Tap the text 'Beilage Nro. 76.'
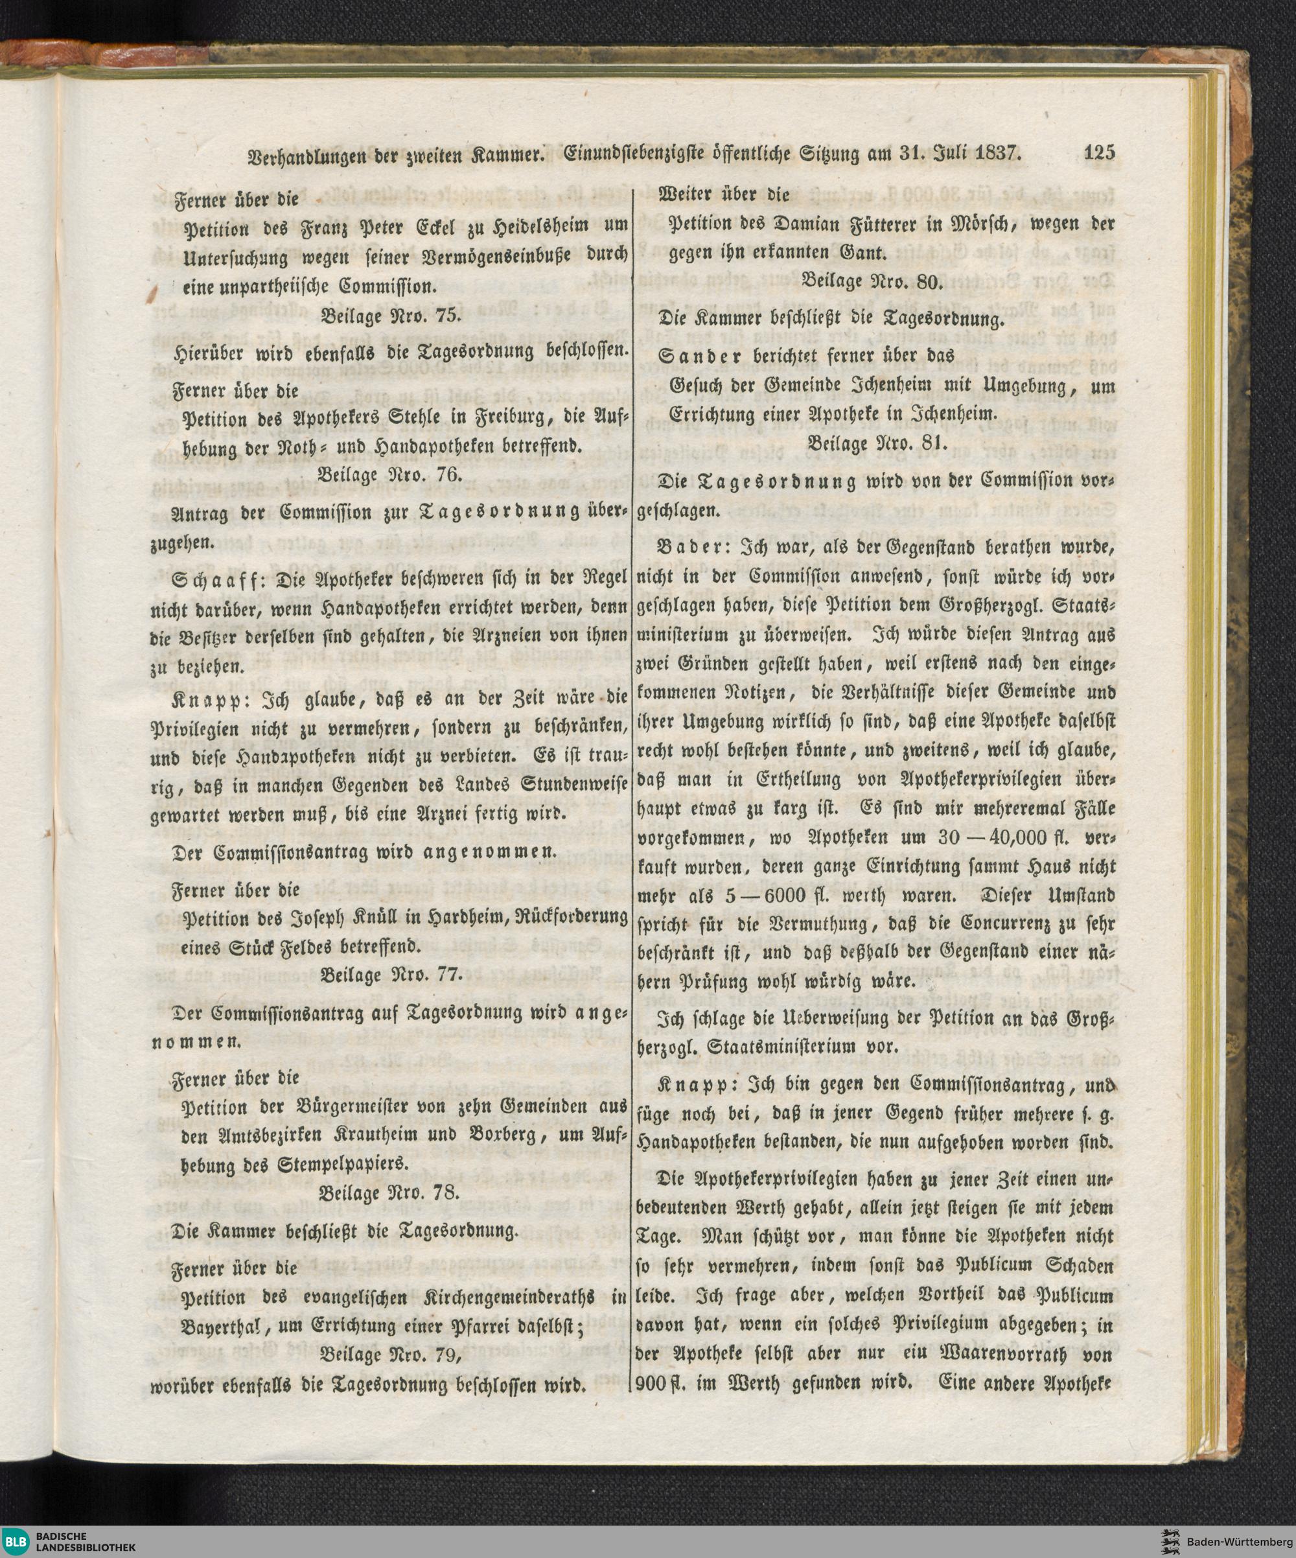point(390,476)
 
